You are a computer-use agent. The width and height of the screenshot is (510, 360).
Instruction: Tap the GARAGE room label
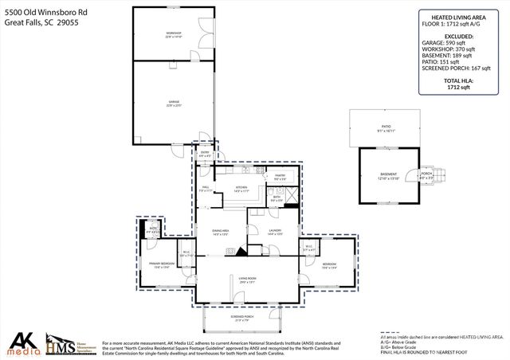point(173,102)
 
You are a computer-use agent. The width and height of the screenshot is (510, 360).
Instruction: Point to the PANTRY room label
point(280,176)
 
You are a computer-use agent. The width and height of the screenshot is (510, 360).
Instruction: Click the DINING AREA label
point(221,232)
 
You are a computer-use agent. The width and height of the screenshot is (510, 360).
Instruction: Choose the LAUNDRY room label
point(274,231)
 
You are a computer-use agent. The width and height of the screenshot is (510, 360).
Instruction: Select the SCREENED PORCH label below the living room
point(242,317)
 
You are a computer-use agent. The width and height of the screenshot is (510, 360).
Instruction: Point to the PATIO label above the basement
point(385,127)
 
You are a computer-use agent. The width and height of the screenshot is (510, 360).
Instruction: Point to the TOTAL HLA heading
point(458,81)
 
